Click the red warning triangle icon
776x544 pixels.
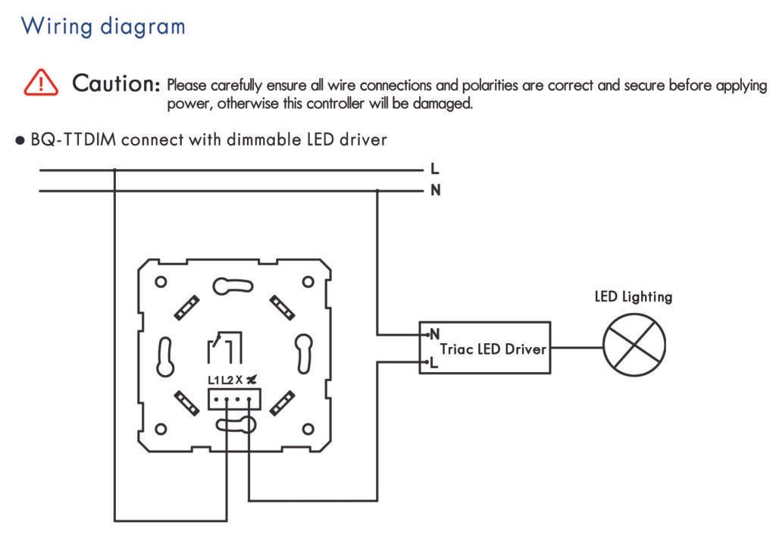pyautogui.click(x=40, y=82)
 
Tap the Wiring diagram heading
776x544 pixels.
pyautogui.click(x=103, y=26)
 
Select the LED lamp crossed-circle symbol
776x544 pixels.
pyautogui.click(x=634, y=345)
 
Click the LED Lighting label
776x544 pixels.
pyautogui.click(x=633, y=297)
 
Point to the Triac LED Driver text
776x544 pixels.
pyautogui.click(x=493, y=349)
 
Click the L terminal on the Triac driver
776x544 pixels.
pyautogui.click(x=434, y=363)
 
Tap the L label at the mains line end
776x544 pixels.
pyautogui.click(x=434, y=170)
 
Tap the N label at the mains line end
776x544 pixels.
pyautogui.click(x=435, y=190)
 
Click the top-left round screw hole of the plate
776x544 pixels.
pyautogui.click(x=161, y=282)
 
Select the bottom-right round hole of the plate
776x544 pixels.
pyautogui.click(x=308, y=430)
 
